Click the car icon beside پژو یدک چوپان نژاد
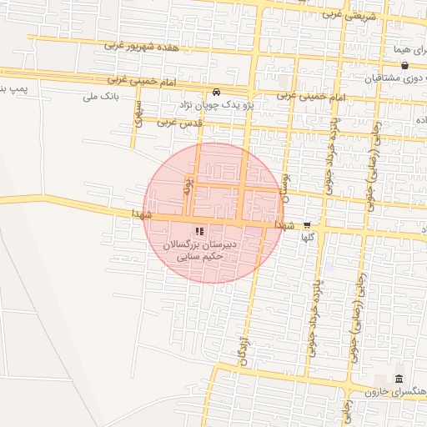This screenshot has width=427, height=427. click(217, 92)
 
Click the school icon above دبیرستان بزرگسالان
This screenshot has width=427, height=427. click(199, 231)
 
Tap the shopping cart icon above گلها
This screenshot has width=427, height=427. click(307, 224)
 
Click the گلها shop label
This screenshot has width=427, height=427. click(307, 237)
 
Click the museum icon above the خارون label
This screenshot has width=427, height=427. click(399, 379)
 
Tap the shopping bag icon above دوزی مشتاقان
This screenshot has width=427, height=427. click(404, 65)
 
